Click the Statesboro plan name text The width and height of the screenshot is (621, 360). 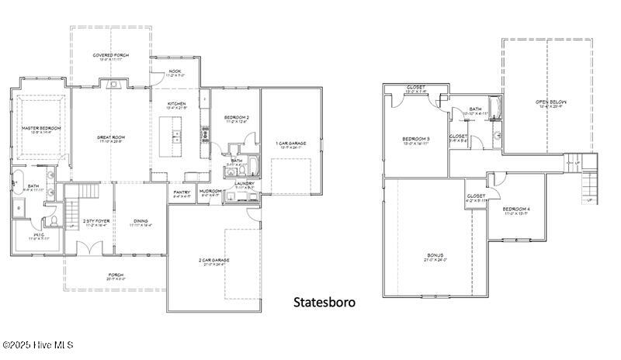coord(324,302)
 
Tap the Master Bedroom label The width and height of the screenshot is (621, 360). coord(41,128)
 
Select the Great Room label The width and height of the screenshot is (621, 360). coord(111,138)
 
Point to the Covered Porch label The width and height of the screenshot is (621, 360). coord(111,56)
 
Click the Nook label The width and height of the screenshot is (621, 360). coord(175,71)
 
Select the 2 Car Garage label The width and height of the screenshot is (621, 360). coord(213,261)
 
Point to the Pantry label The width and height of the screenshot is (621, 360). coord(182,192)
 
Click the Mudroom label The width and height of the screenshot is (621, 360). coord(212,192)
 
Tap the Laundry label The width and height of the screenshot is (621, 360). coord(245,184)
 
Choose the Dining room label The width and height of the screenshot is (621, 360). coord(141,221)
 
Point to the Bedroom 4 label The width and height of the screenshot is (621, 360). coord(516,209)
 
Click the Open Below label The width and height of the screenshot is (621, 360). coord(551,102)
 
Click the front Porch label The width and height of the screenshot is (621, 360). coord(115,275)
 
